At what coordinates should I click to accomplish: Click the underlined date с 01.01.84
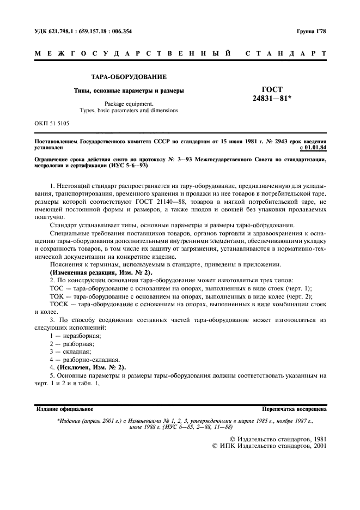(x=313, y=147)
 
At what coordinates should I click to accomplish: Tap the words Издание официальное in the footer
(x=64, y=408)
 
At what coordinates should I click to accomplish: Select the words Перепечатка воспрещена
(x=294, y=408)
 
